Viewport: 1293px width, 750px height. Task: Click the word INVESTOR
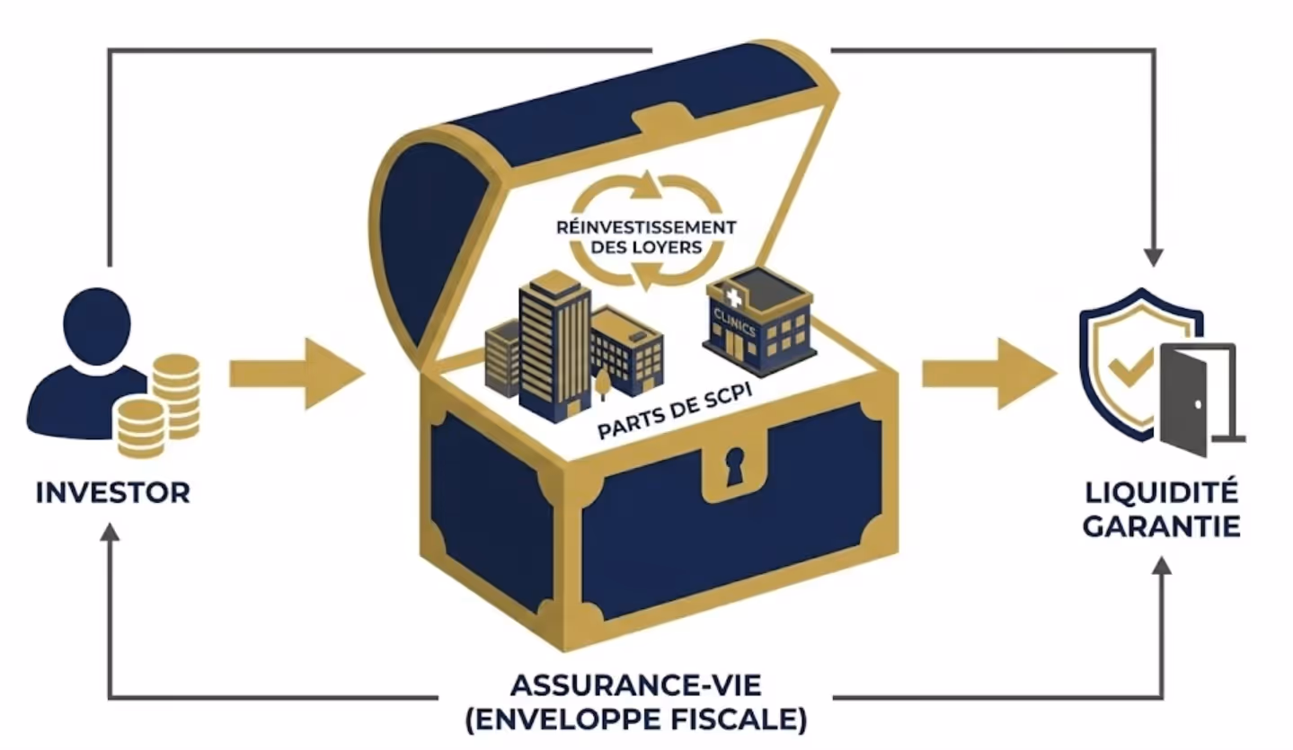tap(113, 492)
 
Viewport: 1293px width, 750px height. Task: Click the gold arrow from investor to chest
tap(297, 373)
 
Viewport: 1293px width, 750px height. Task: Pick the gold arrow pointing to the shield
tap(988, 373)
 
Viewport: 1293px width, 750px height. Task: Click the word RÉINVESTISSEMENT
tap(645, 227)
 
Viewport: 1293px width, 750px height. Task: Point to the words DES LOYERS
tap(645, 248)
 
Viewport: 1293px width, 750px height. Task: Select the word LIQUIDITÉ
tap(1161, 492)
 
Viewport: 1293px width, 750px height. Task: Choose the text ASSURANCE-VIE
tap(635, 685)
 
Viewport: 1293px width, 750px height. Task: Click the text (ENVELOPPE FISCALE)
tap(635, 719)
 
